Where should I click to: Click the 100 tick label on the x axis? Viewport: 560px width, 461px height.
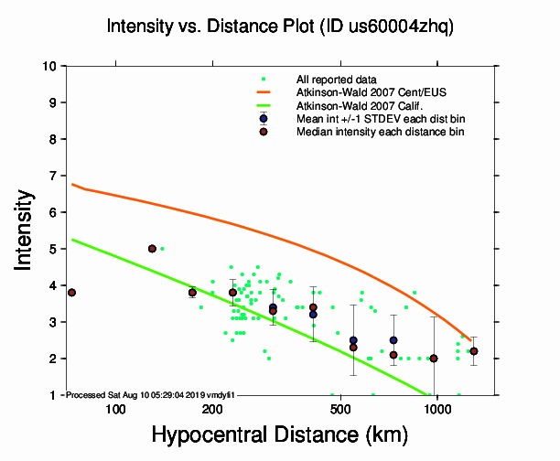point(115,409)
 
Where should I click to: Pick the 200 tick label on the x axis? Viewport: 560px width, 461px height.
point(212,409)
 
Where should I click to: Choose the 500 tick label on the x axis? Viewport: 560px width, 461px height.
point(340,409)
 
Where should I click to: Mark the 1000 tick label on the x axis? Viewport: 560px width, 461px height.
point(437,409)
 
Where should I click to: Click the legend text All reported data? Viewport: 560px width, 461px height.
point(338,80)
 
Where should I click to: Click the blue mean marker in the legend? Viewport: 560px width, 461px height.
point(264,119)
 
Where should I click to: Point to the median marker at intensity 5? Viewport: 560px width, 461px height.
point(152,249)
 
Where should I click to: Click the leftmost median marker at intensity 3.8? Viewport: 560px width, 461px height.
point(71,293)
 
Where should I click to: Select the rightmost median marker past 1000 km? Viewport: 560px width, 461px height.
point(473,351)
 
